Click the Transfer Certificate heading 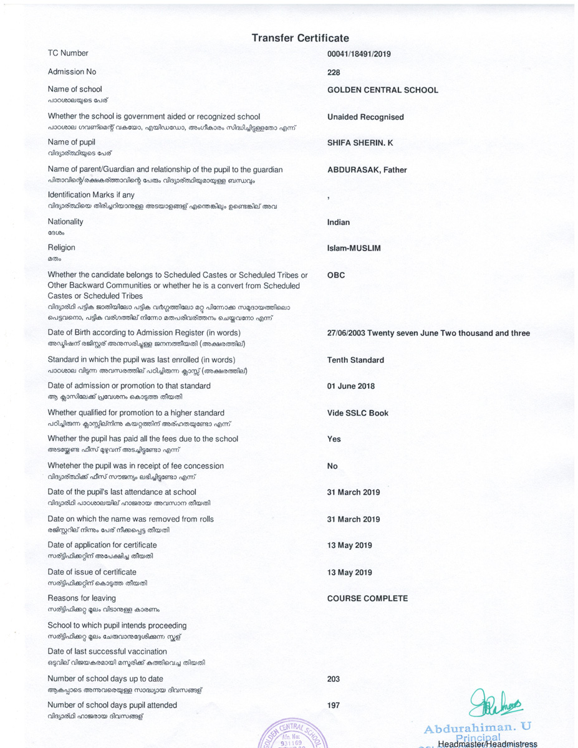300,38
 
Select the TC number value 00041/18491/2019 359,54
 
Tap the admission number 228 334,72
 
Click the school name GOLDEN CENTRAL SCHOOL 382,90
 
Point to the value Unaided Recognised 365,117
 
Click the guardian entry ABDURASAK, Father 367,170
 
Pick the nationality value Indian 339,223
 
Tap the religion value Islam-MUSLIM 354,249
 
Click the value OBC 335,275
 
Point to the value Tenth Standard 355,360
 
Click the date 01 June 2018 351,386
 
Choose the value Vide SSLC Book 357,413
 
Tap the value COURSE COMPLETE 367,598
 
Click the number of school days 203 334,679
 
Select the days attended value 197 334,706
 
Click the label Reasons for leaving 82,598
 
